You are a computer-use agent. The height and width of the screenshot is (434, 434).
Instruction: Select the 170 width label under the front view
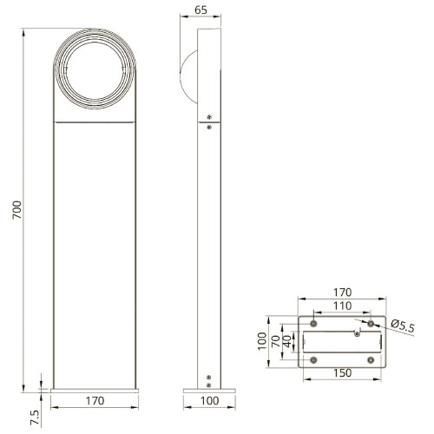(95, 401)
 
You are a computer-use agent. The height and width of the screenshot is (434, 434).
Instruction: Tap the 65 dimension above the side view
(201, 11)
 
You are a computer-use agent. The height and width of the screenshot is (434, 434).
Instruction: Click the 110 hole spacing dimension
(342, 306)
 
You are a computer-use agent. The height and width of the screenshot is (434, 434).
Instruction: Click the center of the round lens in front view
(95, 70)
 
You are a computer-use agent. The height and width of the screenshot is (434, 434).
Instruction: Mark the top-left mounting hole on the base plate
(313, 323)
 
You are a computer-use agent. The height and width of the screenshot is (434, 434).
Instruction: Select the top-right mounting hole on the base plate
(371, 323)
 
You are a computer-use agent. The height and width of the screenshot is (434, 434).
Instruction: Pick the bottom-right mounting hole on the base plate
(371, 358)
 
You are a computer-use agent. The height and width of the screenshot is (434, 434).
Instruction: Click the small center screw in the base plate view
(358, 333)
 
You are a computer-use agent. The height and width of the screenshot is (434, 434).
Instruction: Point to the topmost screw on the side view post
(209, 117)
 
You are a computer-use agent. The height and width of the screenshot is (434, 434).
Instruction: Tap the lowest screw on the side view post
(208, 384)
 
